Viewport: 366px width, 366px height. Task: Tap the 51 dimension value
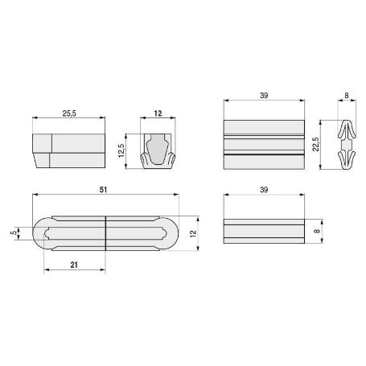(x=106, y=190)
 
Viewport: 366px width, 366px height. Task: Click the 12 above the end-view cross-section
(x=158, y=114)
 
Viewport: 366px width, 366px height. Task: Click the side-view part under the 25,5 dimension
(x=68, y=150)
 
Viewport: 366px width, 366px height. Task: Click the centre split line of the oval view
(x=106, y=233)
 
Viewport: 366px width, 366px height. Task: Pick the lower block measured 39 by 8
(x=263, y=232)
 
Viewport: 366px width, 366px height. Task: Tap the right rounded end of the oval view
(x=171, y=233)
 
